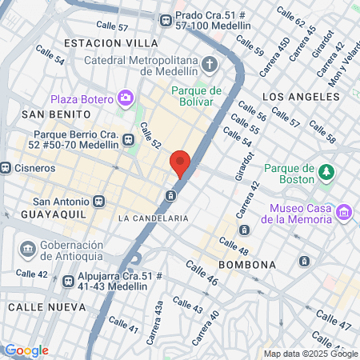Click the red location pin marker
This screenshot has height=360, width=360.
point(180,163)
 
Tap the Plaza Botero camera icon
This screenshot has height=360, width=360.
point(126,98)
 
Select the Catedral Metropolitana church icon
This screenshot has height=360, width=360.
point(210,64)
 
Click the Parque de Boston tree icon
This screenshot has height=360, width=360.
point(326,171)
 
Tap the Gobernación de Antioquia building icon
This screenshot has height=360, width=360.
point(29,250)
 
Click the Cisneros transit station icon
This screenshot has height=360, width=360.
point(5,168)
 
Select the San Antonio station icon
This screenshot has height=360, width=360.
point(98,202)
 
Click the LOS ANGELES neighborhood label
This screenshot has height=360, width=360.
point(295,97)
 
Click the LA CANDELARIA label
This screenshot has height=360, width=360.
point(153,218)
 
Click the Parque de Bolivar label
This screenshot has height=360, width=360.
point(196,95)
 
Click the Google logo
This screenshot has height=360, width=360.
point(26,350)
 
